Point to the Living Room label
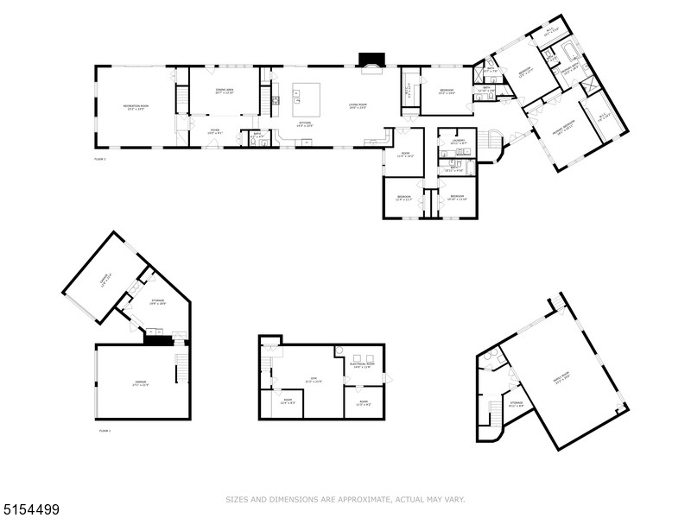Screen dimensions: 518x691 [358, 107]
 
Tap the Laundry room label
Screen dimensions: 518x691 [458, 143]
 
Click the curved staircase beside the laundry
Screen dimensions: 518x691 [493, 145]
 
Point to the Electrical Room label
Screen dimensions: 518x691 [361, 366]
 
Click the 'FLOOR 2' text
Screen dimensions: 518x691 [100, 160]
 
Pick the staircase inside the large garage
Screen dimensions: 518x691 [181, 369]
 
